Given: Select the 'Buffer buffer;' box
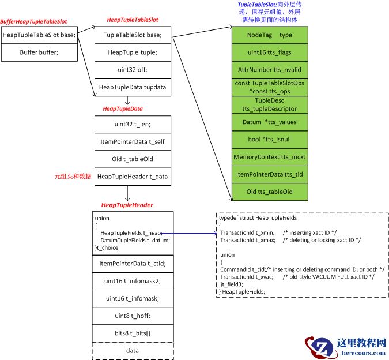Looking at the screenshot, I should pos(39,52).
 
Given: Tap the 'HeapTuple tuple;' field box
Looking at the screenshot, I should pos(133,52).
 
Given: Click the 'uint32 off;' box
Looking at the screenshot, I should pos(133,69).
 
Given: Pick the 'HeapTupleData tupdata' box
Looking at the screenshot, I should pos(133,87).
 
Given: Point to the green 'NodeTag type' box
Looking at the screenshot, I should pos(270,35).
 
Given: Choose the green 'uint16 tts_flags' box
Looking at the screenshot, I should pos(270,52).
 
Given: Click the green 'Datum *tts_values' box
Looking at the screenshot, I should pos(270,122).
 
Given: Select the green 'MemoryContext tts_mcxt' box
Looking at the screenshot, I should pos(270,157).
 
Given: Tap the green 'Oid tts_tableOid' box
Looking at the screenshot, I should pos(270,192).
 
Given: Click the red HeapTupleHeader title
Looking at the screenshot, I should pos(127,205).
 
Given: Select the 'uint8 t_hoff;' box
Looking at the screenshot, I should pos(133,316).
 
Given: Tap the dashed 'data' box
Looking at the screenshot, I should pos(133,350).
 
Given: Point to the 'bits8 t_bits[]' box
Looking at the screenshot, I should pos(133,333).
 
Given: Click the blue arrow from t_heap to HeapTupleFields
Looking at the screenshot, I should pos(190,233).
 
